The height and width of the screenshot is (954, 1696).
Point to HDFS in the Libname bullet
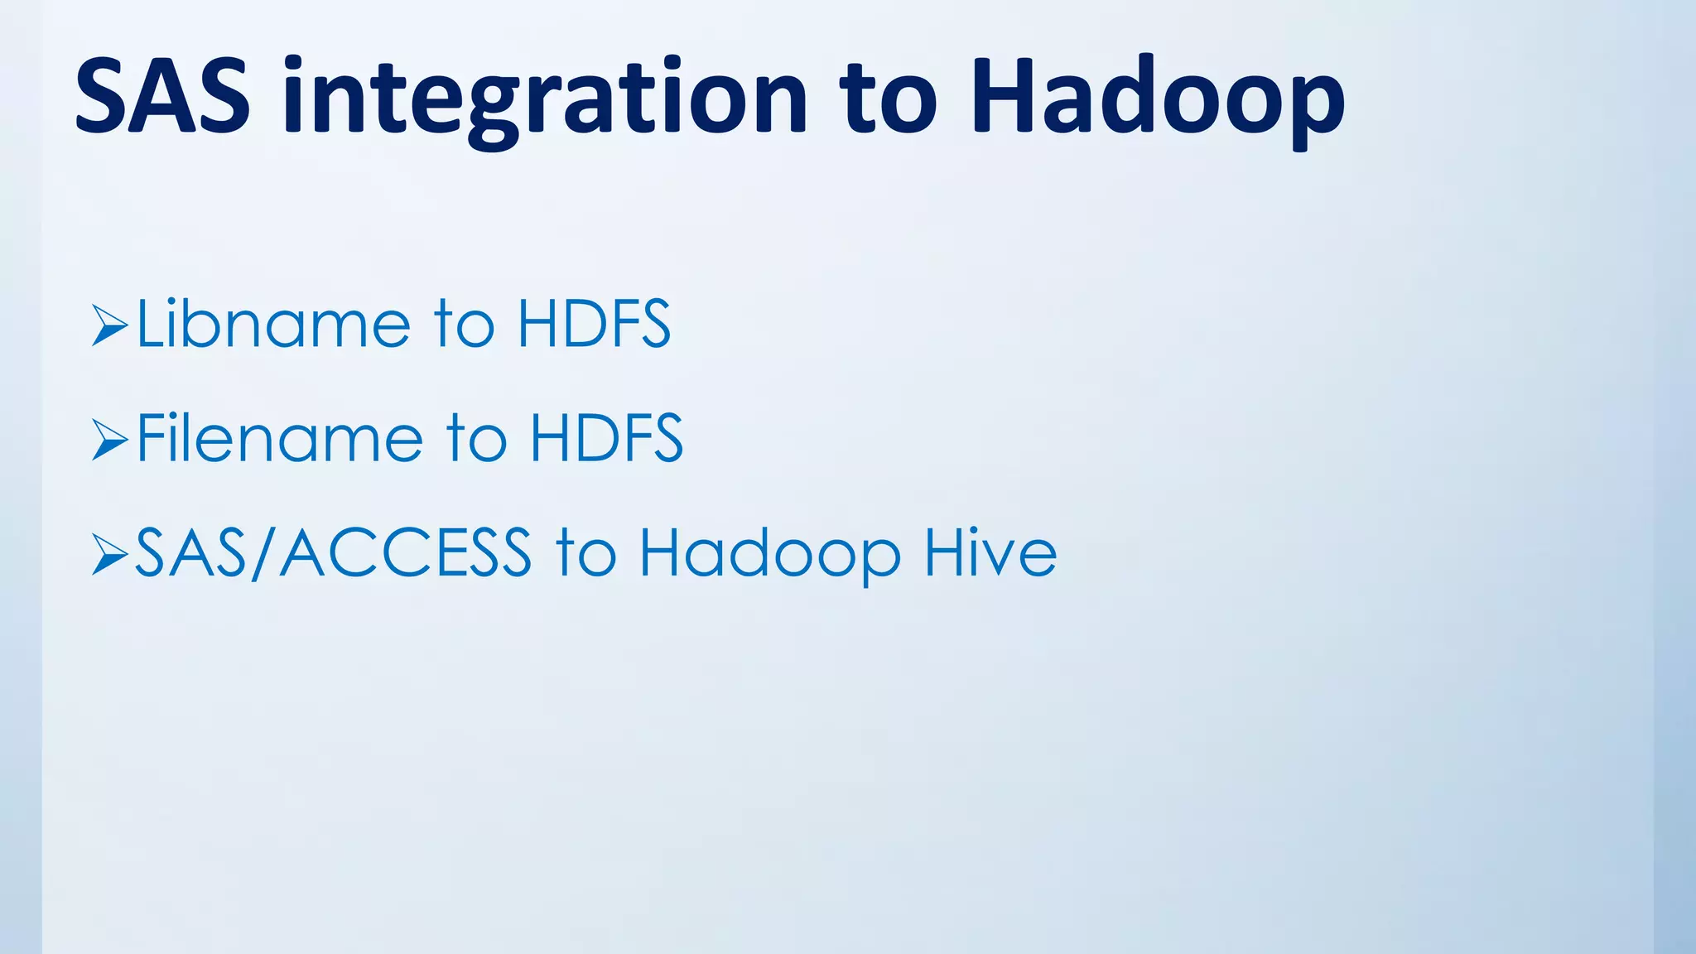point(594,324)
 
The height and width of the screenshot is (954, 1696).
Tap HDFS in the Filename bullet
point(606,438)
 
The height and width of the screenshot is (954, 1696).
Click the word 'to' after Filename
point(476,438)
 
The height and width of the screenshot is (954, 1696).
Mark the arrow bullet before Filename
point(109,440)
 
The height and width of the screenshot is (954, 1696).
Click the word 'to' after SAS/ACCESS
point(585,552)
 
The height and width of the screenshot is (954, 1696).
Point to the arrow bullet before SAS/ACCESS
point(109,554)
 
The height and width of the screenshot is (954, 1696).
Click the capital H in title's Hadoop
point(1003,95)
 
